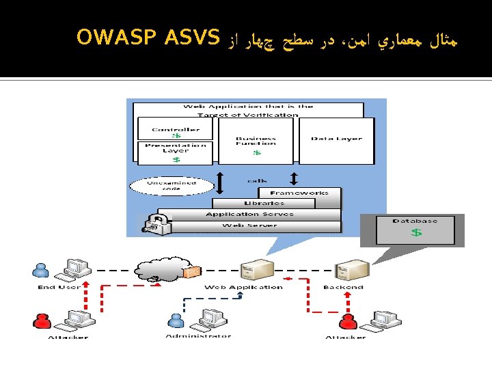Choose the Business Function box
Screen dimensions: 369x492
coord(256,141)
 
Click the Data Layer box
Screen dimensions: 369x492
coord(337,139)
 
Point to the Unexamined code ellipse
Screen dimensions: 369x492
coord(162,185)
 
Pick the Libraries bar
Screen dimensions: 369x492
coord(264,203)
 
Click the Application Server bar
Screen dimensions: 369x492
coord(250,214)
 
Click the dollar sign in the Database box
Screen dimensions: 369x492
coord(416,232)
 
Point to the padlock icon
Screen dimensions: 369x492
coord(156,223)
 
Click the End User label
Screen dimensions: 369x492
coord(59,287)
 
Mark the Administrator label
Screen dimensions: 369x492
coord(198,336)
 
